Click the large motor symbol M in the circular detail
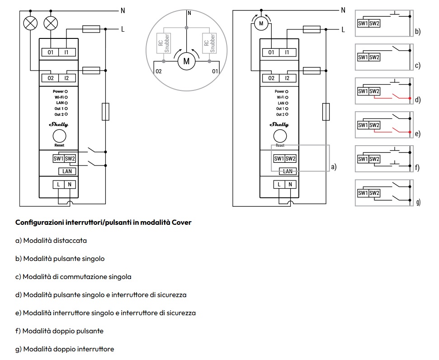click(x=186, y=61)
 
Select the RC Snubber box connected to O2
click(x=164, y=43)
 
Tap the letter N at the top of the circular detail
click(x=189, y=13)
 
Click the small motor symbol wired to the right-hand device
click(x=261, y=24)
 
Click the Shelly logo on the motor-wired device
click(x=279, y=124)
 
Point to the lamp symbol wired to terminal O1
click(x=51, y=23)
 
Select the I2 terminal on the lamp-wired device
click(x=66, y=78)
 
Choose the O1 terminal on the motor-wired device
click(x=271, y=52)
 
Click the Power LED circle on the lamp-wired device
click(x=66, y=91)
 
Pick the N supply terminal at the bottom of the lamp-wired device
click(x=70, y=185)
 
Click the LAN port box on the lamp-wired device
click(x=67, y=171)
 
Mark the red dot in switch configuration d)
click(x=410, y=98)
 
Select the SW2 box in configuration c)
click(x=374, y=57)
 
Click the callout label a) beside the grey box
click(x=334, y=167)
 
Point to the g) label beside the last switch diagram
click(x=418, y=202)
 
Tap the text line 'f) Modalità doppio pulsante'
click(x=59, y=331)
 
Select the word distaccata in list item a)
click(x=70, y=240)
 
